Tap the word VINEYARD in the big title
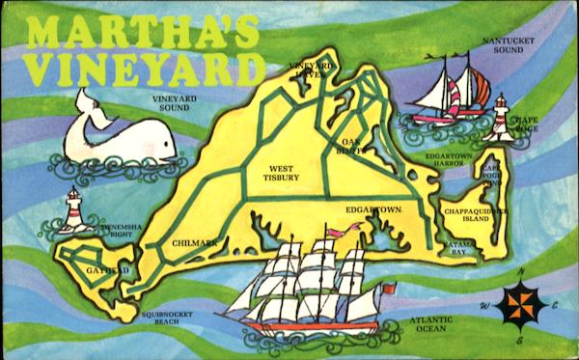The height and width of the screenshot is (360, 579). coord(145,69)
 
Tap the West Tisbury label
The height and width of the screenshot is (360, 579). coord(281,173)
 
